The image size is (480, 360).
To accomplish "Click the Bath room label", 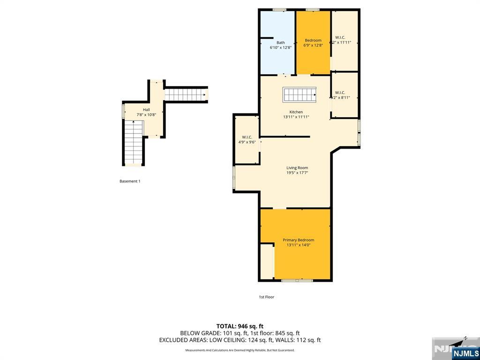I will coord(280,43).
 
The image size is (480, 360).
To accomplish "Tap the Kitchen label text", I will coord(296,112).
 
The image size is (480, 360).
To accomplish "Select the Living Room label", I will coord(297,168).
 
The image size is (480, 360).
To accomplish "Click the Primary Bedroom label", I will coord(298,240).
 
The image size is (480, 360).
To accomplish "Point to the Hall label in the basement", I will coord(146,110).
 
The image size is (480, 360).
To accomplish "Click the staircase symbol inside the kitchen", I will coord(300,95).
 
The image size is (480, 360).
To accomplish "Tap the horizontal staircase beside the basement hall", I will coord(186,95).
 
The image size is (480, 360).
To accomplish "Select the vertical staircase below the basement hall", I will coord(134,142).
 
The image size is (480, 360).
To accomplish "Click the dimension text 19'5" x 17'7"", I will coord(297,173).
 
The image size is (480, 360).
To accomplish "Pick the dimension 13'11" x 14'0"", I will coord(298,245).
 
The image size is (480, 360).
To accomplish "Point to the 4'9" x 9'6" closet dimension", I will coord(247,142).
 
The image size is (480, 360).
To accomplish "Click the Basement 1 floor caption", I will coord(130,181).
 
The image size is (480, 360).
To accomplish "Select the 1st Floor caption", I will coord(266,297).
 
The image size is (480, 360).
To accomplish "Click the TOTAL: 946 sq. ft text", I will coord(240,326).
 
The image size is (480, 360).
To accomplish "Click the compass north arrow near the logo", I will coord(464,338).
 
